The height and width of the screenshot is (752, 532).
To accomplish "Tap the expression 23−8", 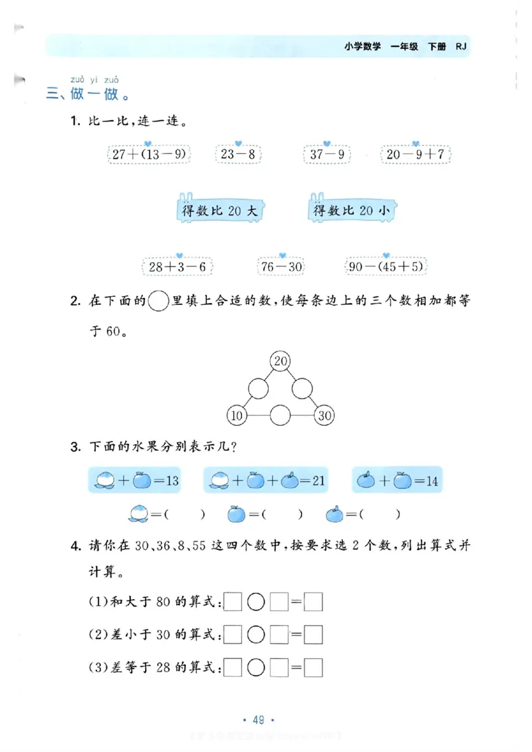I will point(238,155).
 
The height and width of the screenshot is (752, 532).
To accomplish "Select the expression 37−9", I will point(326,155).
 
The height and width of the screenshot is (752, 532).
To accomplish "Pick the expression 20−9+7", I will point(416,155).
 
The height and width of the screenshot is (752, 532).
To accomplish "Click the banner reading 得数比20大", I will point(219,211).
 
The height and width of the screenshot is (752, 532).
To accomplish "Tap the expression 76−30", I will point(281,267).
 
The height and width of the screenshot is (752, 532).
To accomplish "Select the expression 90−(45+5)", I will point(386,267).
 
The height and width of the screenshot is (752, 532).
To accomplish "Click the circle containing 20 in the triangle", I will point(281,361).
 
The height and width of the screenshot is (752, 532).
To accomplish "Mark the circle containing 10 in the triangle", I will point(237,416).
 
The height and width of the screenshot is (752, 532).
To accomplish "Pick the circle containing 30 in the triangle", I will point(325,416).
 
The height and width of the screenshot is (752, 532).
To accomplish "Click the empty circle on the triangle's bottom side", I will point(281,416).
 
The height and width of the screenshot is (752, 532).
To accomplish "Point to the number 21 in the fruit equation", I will point(317,480).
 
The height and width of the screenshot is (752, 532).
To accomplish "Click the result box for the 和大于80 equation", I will point(313,602).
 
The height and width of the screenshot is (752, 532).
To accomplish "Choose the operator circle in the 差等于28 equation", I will point(256,668).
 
